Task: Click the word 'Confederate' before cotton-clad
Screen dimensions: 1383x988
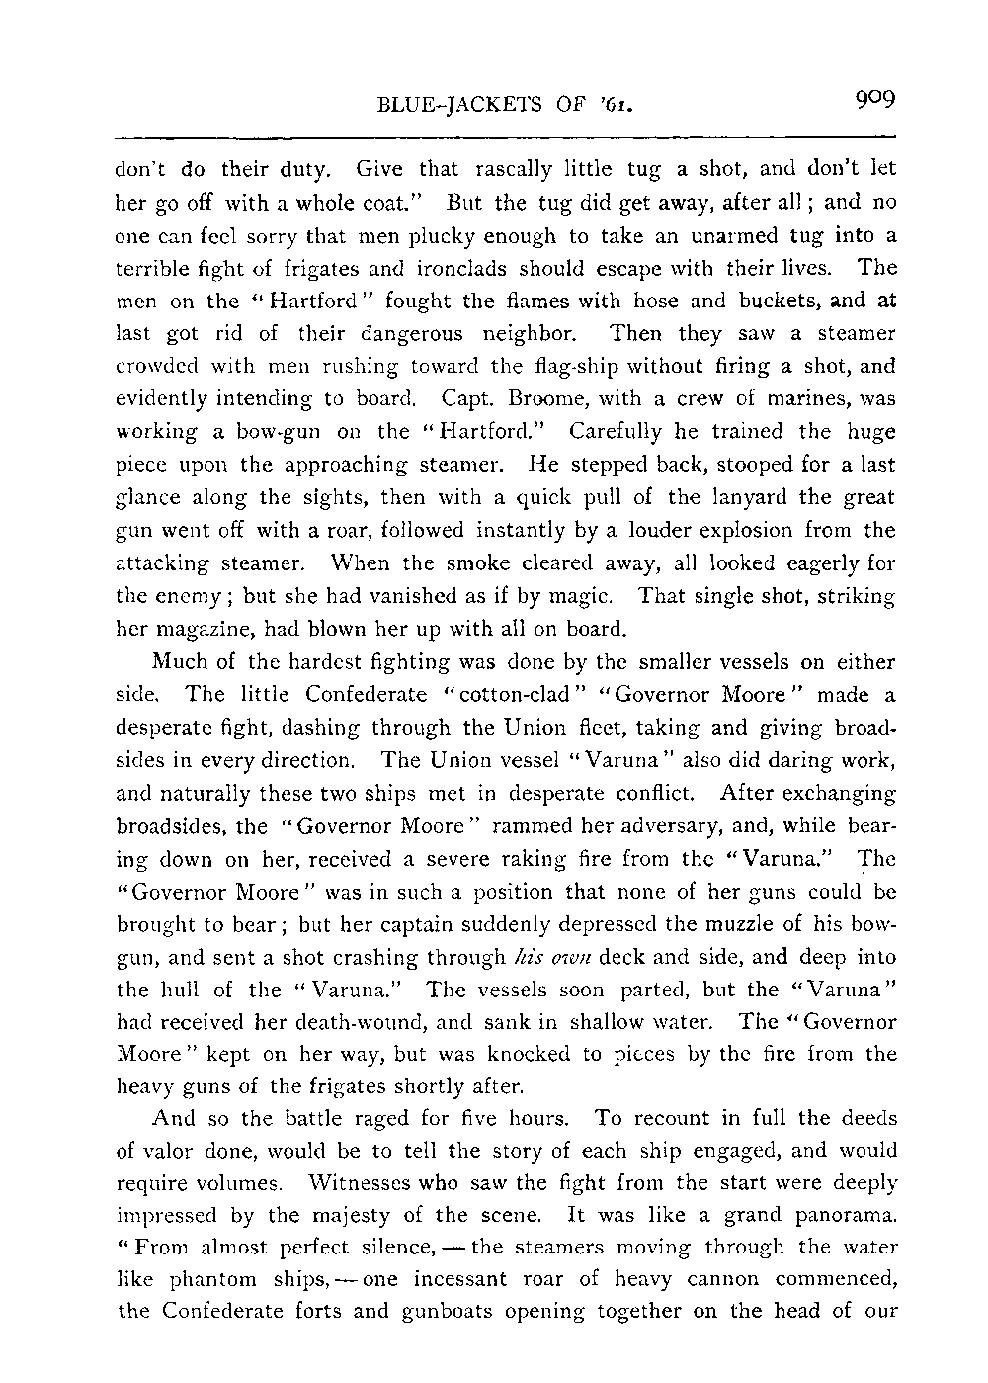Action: tap(366, 694)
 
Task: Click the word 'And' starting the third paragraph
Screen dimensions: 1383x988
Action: tap(173, 1119)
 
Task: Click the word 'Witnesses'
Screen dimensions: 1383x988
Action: tap(360, 1183)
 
